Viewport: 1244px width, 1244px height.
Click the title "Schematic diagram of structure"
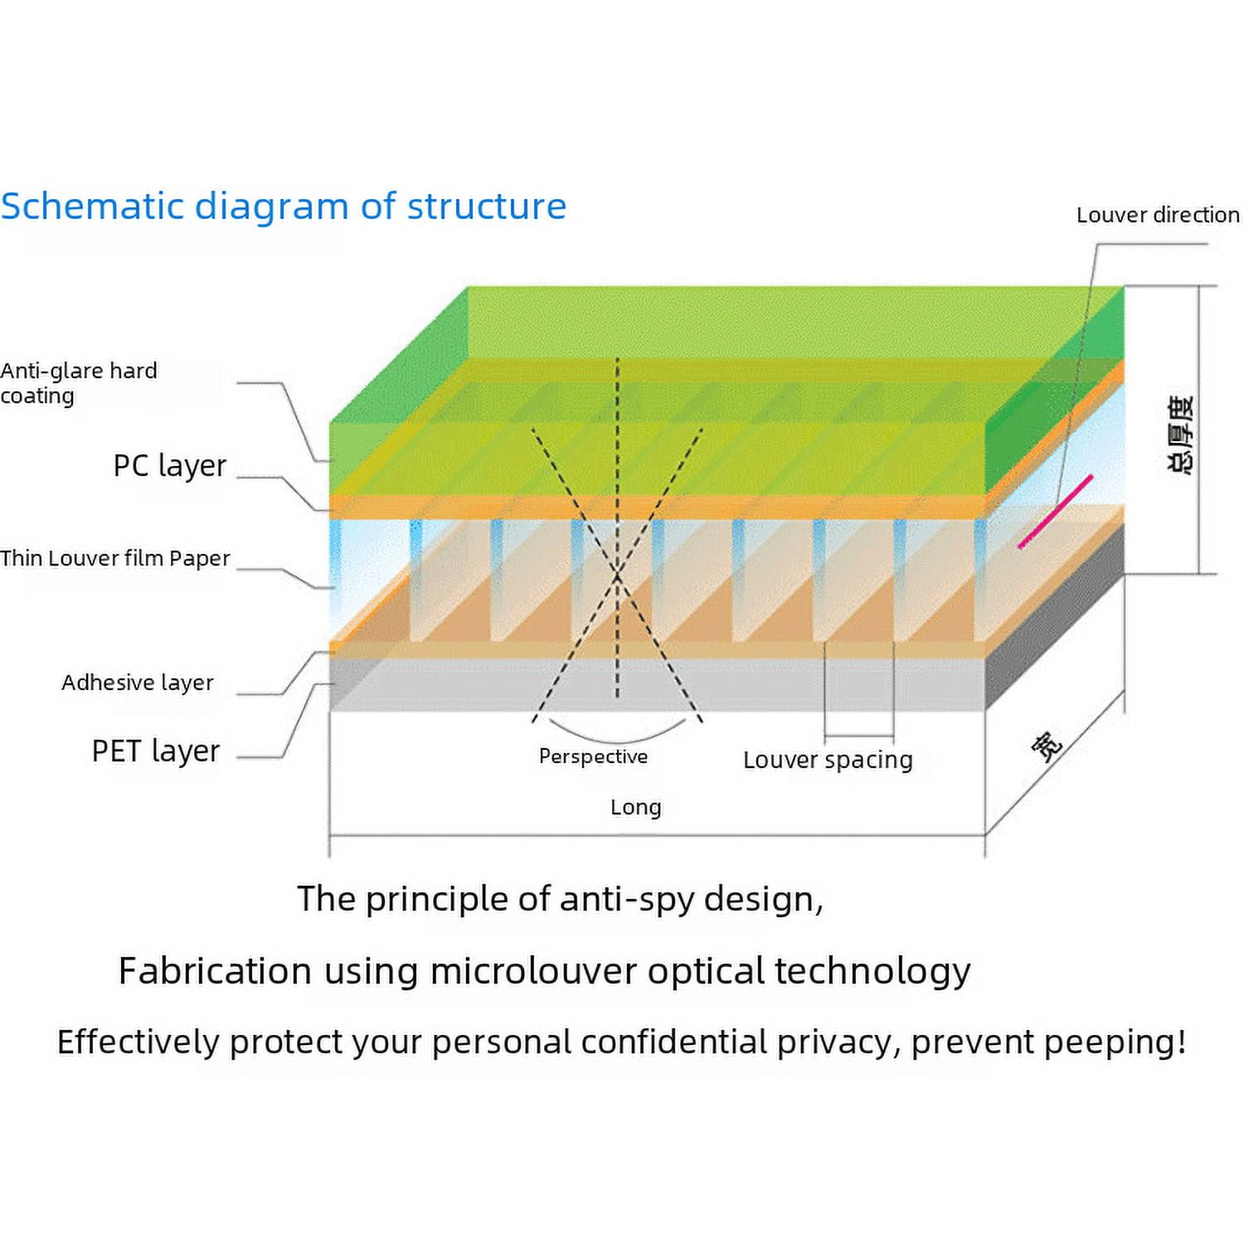coord(283,206)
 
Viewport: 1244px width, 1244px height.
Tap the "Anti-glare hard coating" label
coord(79,382)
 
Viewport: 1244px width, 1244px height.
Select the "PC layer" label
coord(169,466)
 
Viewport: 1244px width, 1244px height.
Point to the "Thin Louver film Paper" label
coord(115,558)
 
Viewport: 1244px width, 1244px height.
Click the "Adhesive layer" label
coord(137,683)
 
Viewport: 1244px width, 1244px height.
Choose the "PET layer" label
coord(155,751)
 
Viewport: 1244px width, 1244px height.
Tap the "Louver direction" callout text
coord(1158,216)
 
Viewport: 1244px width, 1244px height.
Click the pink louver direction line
coord(1055,512)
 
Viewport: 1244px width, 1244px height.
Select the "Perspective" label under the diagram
coord(593,756)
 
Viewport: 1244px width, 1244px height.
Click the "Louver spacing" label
coord(828,760)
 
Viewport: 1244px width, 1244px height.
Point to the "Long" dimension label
coord(635,807)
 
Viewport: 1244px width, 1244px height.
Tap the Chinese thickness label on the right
coord(1181,435)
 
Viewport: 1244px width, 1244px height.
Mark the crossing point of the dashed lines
coord(617,574)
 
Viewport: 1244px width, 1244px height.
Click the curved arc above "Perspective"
coord(616,737)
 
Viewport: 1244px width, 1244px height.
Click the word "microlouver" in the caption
coord(533,971)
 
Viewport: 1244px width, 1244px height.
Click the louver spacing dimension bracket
coord(858,736)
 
